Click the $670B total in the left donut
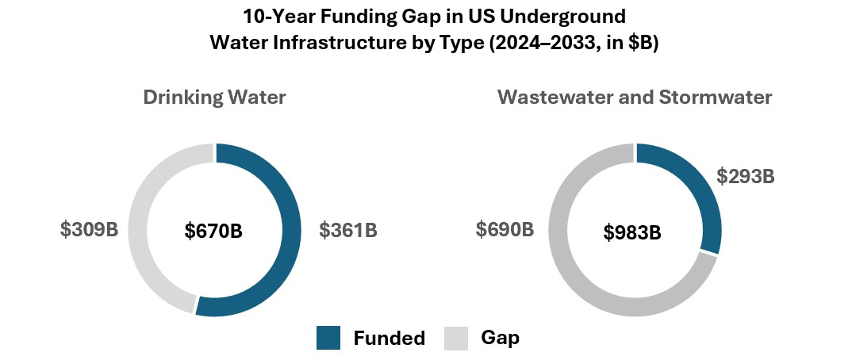coord(213,232)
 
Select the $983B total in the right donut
coord(632,232)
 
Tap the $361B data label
coord(348,231)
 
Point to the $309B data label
coord(89,230)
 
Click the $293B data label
coord(745,176)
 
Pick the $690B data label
coord(505,230)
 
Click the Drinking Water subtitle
coord(214,98)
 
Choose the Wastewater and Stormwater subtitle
coord(635,98)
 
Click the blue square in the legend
coord(328,338)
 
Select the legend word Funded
coord(390,339)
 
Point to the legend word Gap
coord(501,339)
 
